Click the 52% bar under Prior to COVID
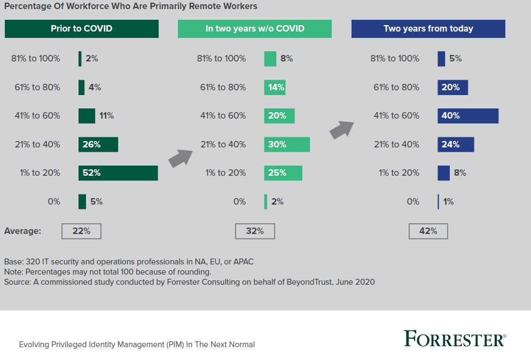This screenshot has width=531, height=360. (118, 173)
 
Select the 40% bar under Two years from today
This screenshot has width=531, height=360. (467, 116)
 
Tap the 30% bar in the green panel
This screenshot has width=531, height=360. (287, 144)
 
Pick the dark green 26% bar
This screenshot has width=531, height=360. (98, 144)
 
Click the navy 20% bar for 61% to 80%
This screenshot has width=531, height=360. (452, 88)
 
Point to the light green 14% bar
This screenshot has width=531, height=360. (275, 88)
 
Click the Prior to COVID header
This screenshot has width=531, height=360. (82, 29)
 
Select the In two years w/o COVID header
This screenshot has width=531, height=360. (255, 29)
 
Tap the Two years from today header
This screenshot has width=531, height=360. (428, 29)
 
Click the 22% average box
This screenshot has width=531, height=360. (81, 231)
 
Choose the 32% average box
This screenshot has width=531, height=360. (255, 231)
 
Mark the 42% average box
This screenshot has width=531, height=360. (428, 231)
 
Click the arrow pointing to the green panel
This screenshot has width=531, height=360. (181, 158)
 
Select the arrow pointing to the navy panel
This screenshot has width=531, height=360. (342, 130)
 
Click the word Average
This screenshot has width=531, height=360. (22, 231)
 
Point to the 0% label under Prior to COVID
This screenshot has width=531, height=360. (53, 202)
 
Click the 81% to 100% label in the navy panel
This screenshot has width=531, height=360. (395, 59)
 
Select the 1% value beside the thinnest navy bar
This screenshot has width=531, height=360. (448, 202)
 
